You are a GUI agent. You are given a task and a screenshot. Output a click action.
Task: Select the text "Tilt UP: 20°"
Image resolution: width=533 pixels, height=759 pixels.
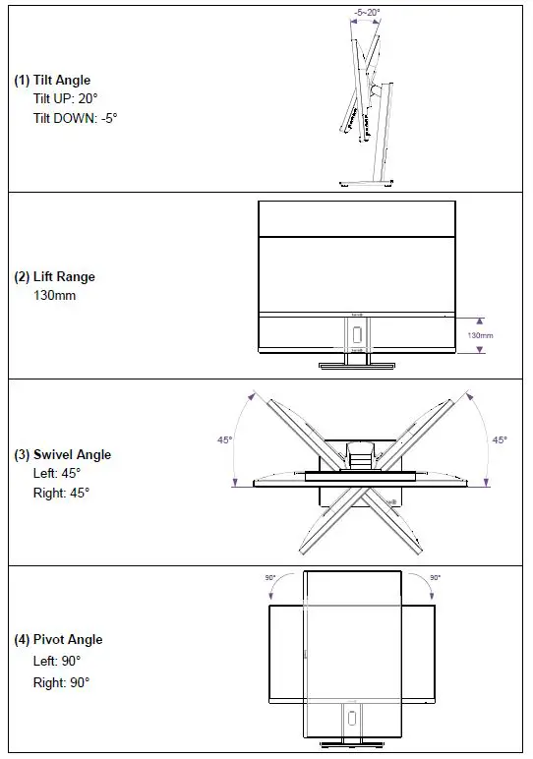(66, 99)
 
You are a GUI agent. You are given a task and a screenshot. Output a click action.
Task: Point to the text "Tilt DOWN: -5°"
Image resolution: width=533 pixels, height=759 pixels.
(75, 118)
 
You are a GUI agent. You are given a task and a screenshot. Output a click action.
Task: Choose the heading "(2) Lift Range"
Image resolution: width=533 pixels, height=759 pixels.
(54, 277)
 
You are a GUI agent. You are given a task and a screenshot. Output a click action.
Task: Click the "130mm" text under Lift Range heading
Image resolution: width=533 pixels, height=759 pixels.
(54, 295)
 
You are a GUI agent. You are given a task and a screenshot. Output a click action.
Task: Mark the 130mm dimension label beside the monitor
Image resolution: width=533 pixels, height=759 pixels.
(480, 336)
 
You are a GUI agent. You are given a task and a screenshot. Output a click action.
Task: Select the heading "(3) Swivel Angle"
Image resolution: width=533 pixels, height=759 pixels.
(62, 455)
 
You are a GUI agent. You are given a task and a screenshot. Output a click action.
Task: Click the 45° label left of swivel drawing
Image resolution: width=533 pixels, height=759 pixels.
(224, 439)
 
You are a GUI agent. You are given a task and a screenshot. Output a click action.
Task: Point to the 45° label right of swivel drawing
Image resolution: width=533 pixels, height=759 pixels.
(500, 439)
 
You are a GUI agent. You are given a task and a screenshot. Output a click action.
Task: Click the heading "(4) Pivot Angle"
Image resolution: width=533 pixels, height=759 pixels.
(58, 640)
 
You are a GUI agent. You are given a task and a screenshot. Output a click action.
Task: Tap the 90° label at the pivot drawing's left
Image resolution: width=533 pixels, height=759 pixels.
(269, 578)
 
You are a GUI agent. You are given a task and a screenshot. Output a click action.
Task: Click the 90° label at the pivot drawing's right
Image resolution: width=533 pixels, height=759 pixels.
(436, 578)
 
